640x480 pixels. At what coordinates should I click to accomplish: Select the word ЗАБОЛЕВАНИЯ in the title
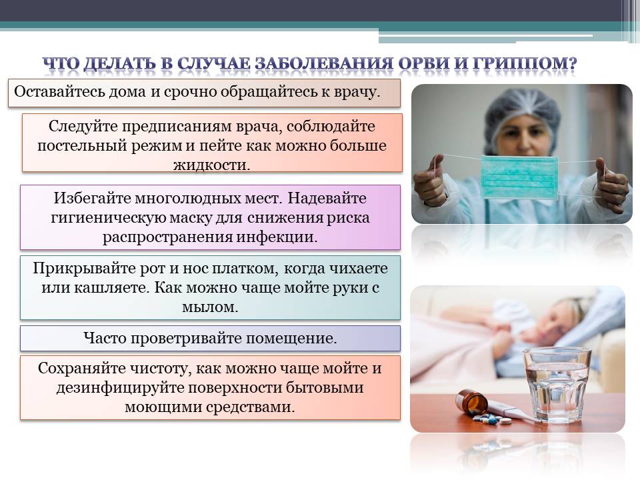[324, 63]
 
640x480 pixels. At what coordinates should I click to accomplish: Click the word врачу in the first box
[357, 92]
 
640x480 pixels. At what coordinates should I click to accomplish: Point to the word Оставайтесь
[59, 91]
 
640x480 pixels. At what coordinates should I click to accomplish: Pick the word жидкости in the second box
[211, 165]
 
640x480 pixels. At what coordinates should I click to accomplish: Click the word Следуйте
[83, 127]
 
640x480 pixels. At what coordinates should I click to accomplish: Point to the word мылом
[210, 307]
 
